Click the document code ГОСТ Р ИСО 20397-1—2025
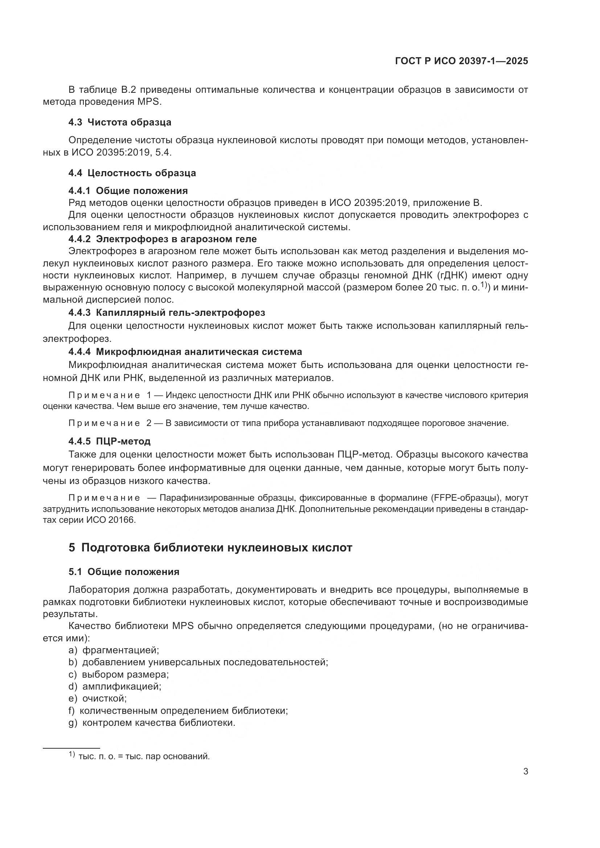point(461,61)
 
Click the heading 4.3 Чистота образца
point(120,122)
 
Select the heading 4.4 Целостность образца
point(132,173)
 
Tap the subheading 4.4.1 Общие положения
point(128,191)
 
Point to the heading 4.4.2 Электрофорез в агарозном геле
point(162,239)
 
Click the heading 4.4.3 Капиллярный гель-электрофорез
point(167,313)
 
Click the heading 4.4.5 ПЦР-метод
point(109,441)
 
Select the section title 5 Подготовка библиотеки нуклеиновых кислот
point(210,547)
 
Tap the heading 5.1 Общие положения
point(124,572)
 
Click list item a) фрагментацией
point(114,650)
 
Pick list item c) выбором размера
point(119,674)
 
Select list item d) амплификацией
point(115,687)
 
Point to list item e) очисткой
point(98,699)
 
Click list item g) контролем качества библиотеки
point(152,723)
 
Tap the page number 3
point(525,772)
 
